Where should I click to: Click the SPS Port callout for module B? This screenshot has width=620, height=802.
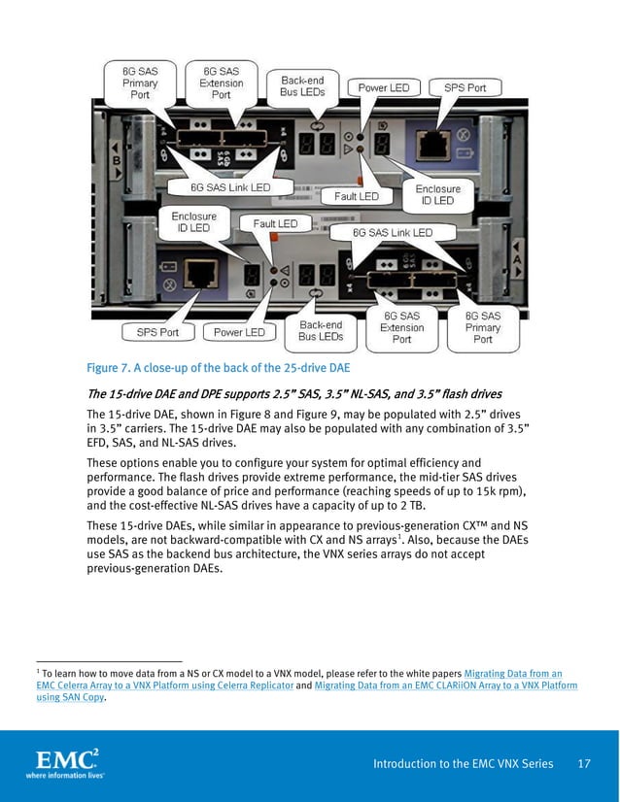click(465, 87)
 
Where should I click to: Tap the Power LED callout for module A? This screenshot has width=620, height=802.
click(239, 332)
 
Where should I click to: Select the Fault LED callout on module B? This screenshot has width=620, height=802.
click(357, 196)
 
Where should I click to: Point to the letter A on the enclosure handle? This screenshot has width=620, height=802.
click(516, 262)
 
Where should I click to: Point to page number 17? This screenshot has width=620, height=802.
click(584, 764)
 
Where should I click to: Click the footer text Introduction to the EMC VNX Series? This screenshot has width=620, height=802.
click(464, 764)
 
